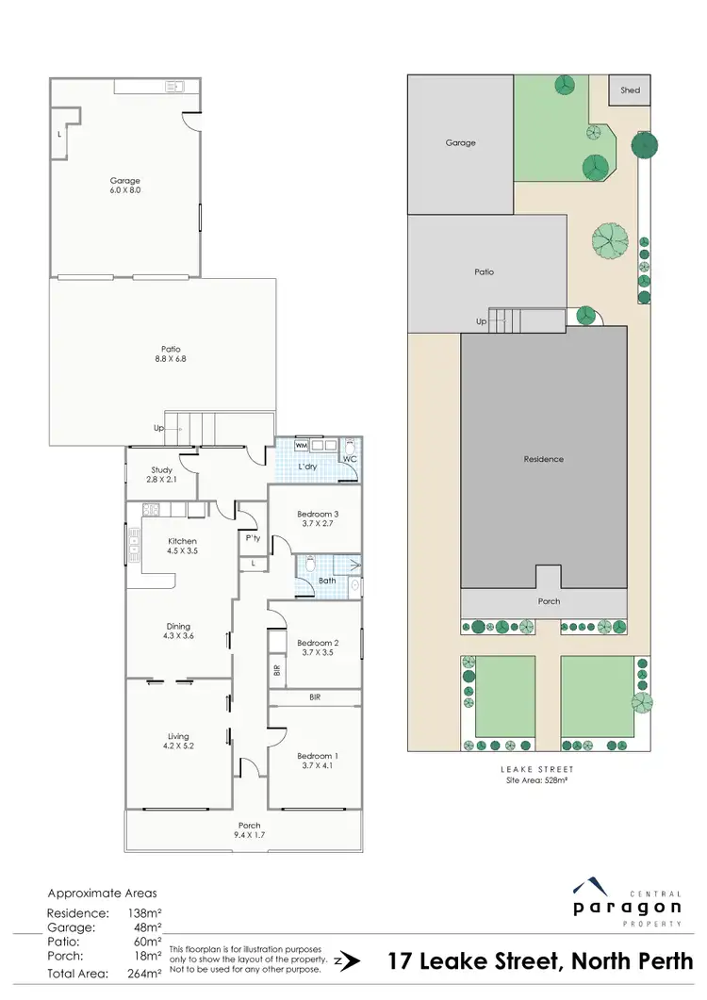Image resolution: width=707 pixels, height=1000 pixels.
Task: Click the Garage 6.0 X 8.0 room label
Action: click(x=125, y=185)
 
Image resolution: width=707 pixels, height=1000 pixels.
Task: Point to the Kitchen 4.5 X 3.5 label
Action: click(x=182, y=546)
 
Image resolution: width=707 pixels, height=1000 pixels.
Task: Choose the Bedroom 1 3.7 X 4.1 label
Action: click(x=315, y=761)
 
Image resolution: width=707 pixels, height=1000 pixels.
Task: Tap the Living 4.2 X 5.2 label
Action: click(x=178, y=741)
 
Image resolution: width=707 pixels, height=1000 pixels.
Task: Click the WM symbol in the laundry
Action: click(x=302, y=445)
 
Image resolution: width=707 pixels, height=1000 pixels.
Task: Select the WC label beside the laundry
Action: click(x=348, y=459)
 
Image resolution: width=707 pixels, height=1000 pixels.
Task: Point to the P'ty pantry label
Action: click(x=252, y=538)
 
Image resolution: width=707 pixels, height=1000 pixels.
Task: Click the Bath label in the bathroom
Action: click(x=327, y=581)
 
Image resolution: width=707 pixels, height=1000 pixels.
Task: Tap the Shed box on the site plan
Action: click(x=630, y=90)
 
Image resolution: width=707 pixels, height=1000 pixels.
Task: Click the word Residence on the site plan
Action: click(x=544, y=459)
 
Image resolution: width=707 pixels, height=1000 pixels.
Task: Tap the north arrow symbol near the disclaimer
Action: click(x=349, y=961)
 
